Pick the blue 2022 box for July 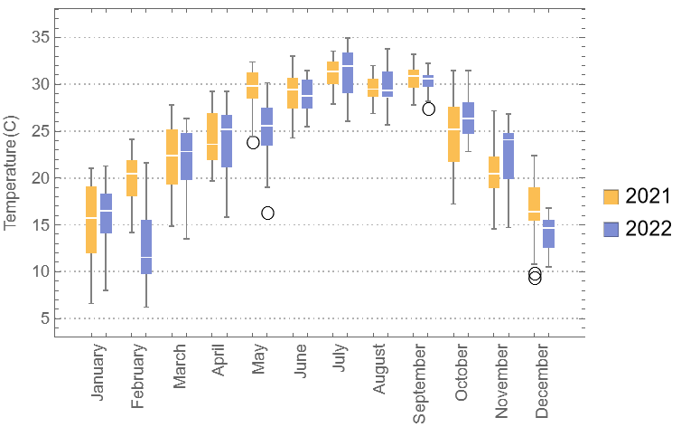click(x=348, y=72)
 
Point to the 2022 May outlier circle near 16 click(x=267, y=213)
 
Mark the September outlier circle click(x=429, y=109)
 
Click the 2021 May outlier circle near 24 click(x=253, y=142)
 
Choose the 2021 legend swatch click(x=611, y=196)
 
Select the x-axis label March click(x=181, y=368)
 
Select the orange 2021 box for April click(x=212, y=137)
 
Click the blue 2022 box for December click(x=548, y=233)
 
